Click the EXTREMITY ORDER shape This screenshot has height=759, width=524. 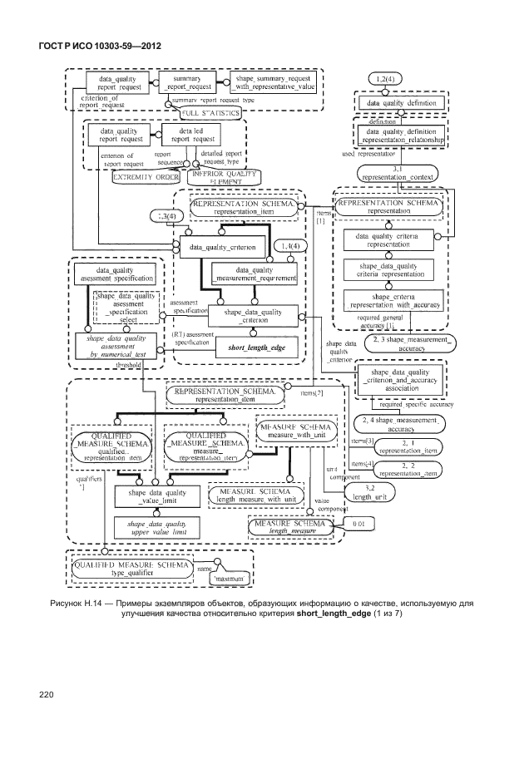[146, 178]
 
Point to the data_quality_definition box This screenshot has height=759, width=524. [401, 103]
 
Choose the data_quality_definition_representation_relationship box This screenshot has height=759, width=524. [401, 136]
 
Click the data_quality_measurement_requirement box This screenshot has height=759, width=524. [255, 274]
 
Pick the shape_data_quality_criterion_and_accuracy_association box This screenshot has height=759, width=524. [402, 380]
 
